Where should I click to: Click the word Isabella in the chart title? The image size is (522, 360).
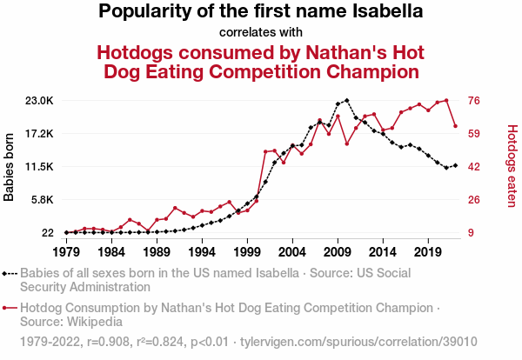[x=380, y=12]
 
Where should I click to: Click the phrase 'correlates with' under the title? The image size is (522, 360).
[x=260, y=33]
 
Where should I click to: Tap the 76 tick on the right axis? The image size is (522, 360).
[x=474, y=101]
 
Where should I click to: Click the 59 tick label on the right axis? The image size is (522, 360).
[x=474, y=134]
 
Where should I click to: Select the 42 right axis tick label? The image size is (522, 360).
[x=474, y=167]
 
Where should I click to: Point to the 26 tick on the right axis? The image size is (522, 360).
[x=474, y=200]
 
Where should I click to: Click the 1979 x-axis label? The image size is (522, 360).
[x=66, y=251]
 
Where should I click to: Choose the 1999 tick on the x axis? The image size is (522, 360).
[x=247, y=251]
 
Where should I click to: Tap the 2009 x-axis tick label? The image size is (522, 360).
[x=338, y=251]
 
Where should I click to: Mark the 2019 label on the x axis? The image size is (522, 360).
[x=427, y=251]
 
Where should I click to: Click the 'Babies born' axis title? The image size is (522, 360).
[x=10, y=167]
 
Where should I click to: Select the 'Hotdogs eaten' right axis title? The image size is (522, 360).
[x=512, y=166]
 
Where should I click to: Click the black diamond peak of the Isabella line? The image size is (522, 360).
[x=346, y=100]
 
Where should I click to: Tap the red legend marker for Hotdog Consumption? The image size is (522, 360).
[x=10, y=308]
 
